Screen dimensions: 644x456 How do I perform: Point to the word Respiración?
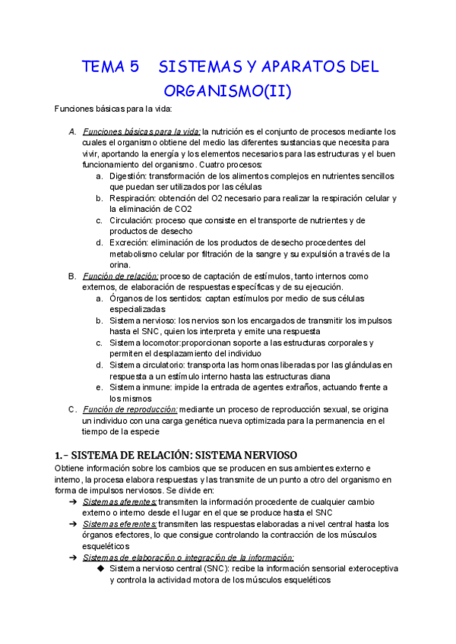point(134,198)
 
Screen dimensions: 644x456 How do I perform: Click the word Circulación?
point(131,220)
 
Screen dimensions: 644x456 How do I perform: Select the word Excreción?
point(130,242)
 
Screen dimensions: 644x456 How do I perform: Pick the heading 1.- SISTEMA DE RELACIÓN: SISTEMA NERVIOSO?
point(176,455)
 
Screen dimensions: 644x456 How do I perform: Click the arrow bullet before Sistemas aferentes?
point(72,502)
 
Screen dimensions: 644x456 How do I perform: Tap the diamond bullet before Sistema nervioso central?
point(100,568)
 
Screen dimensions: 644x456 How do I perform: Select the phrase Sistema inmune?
point(140,387)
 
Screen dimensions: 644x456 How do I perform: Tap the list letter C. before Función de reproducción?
point(72,409)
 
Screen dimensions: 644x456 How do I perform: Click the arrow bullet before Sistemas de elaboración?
point(72,557)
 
